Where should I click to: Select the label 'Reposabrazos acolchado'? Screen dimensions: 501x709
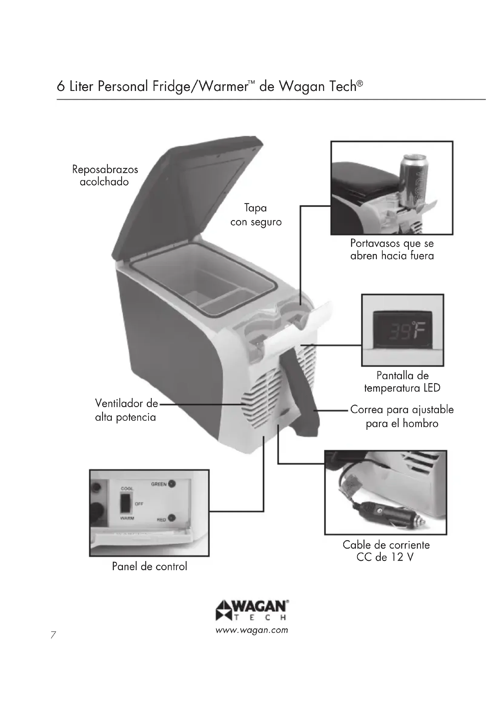(x=105, y=176)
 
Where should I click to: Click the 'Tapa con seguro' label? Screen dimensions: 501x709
(x=256, y=215)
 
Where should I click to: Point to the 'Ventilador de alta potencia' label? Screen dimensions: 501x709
(x=126, y=410)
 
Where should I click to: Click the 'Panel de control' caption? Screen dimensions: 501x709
(x=149, y=566)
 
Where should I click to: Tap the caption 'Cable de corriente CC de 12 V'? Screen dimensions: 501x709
(x=386, y=551)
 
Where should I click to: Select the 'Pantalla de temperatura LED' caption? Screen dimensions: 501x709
(x=402, y=382)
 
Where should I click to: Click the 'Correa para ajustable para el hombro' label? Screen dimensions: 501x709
(x=402, y=416)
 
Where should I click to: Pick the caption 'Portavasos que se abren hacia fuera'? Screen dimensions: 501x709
(x=392, y=249)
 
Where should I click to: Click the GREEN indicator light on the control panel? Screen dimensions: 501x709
(x=172, y=484)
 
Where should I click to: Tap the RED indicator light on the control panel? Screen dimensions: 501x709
(x=172, y=518)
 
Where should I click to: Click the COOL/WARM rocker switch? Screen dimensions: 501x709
(x=126, y=503)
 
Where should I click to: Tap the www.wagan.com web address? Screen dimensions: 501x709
(x=252, y=630)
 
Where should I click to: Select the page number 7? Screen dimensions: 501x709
(x=53, y=635)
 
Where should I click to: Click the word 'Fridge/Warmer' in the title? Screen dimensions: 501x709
(x=200, y=86)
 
